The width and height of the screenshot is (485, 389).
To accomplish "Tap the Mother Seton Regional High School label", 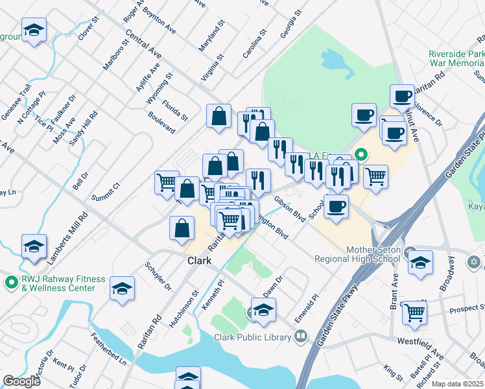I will tap(355, 255).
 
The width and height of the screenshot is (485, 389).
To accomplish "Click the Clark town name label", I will tap(199, 261).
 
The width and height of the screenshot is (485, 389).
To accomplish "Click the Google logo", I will tap(21, 381).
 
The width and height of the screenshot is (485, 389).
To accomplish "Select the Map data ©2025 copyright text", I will tap(458, 384).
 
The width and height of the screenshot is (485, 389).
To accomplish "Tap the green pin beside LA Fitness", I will tap(361, 155).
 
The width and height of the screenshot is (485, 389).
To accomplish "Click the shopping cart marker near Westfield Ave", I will tap(414, 312).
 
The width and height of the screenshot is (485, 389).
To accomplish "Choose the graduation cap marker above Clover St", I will tap(34, 30).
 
